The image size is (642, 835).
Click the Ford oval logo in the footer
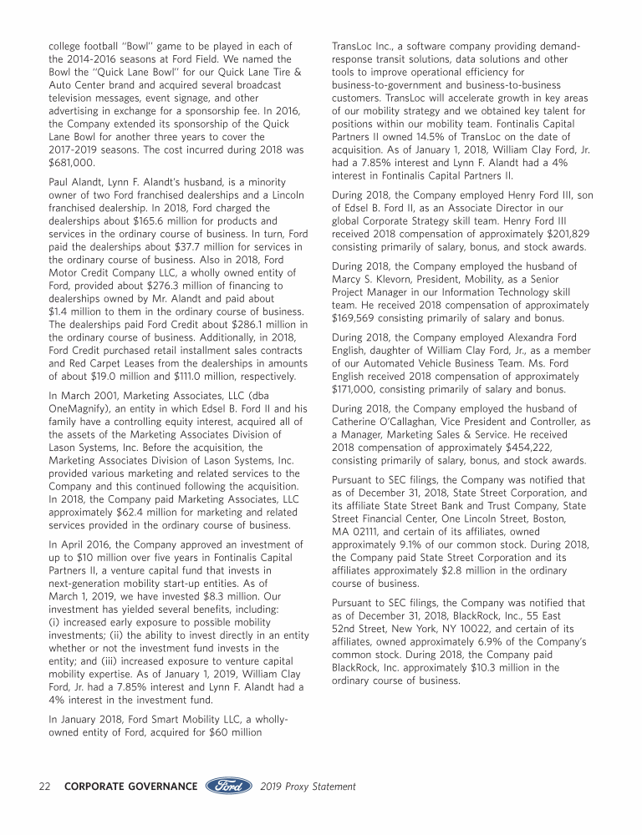click(229, 786)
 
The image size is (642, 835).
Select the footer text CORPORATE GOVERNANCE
click(131, 787)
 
